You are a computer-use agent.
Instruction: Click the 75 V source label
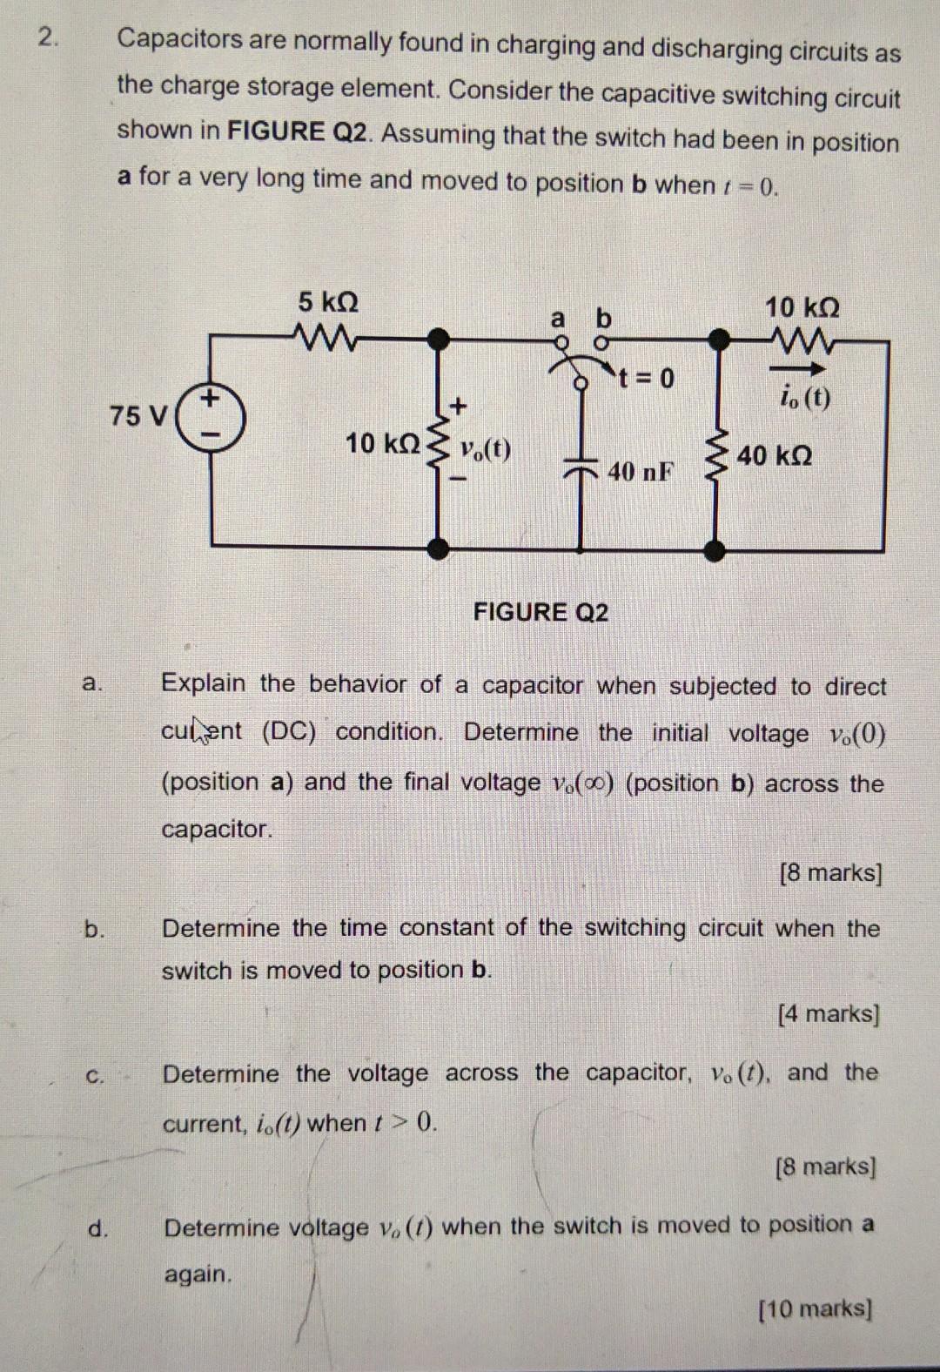click(137, 416)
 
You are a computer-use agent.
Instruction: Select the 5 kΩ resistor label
click(327, 302)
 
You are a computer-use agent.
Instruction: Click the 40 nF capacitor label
click(641, 472)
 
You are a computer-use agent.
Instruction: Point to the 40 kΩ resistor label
click(775, 455)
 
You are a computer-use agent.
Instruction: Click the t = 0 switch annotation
click(647, 378)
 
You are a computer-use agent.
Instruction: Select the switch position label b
click(603, 318)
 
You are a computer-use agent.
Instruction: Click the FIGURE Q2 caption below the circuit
click(540, 612)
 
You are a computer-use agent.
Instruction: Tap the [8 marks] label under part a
click(830, 872)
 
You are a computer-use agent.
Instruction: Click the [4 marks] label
click(829, 1013)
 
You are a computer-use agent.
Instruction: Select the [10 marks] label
click(816, 1308)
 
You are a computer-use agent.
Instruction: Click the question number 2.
click(50, 37)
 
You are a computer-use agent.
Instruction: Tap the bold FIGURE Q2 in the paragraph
click(299, 131)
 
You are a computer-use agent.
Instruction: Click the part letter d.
click(98, 1228)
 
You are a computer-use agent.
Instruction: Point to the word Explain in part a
click(203, 683)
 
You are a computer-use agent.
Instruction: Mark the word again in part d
click(198, 1274)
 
